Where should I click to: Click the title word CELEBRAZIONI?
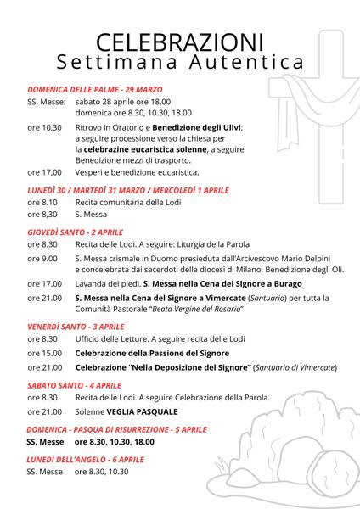(x=179, y=43)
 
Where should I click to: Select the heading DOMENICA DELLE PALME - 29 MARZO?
(x=95, y=88)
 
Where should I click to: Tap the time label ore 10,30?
(x=44, y=126)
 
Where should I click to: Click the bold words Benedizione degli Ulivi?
(x=199, y=126)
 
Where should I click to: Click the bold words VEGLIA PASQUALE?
(x=148, y=411)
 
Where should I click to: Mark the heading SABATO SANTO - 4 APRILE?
(x=73, y=384)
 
